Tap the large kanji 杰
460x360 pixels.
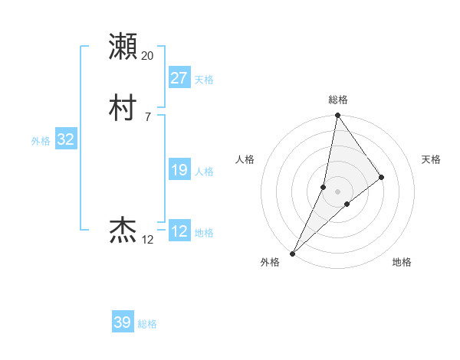point(123,230)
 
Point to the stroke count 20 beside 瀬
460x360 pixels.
point(148,56)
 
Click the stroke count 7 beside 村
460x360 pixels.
point(147,116)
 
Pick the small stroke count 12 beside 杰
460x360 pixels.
point(148,240)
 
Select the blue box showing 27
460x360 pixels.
point(179,78)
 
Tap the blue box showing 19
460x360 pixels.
point(179,170)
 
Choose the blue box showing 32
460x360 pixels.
point(65,139)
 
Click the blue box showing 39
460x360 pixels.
point(122,322)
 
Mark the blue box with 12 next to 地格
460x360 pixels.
point(179,231)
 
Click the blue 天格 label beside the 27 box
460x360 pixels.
point(204,80)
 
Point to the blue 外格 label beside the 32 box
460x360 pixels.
point(41,141)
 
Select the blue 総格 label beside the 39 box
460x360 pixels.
point(147,324)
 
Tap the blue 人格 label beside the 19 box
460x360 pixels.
point(204,172)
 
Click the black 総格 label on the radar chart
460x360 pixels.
point(338,100)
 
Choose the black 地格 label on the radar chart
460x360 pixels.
point(402,262)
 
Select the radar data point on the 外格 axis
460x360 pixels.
point(293,253)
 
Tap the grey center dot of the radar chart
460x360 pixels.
point(338,191)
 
